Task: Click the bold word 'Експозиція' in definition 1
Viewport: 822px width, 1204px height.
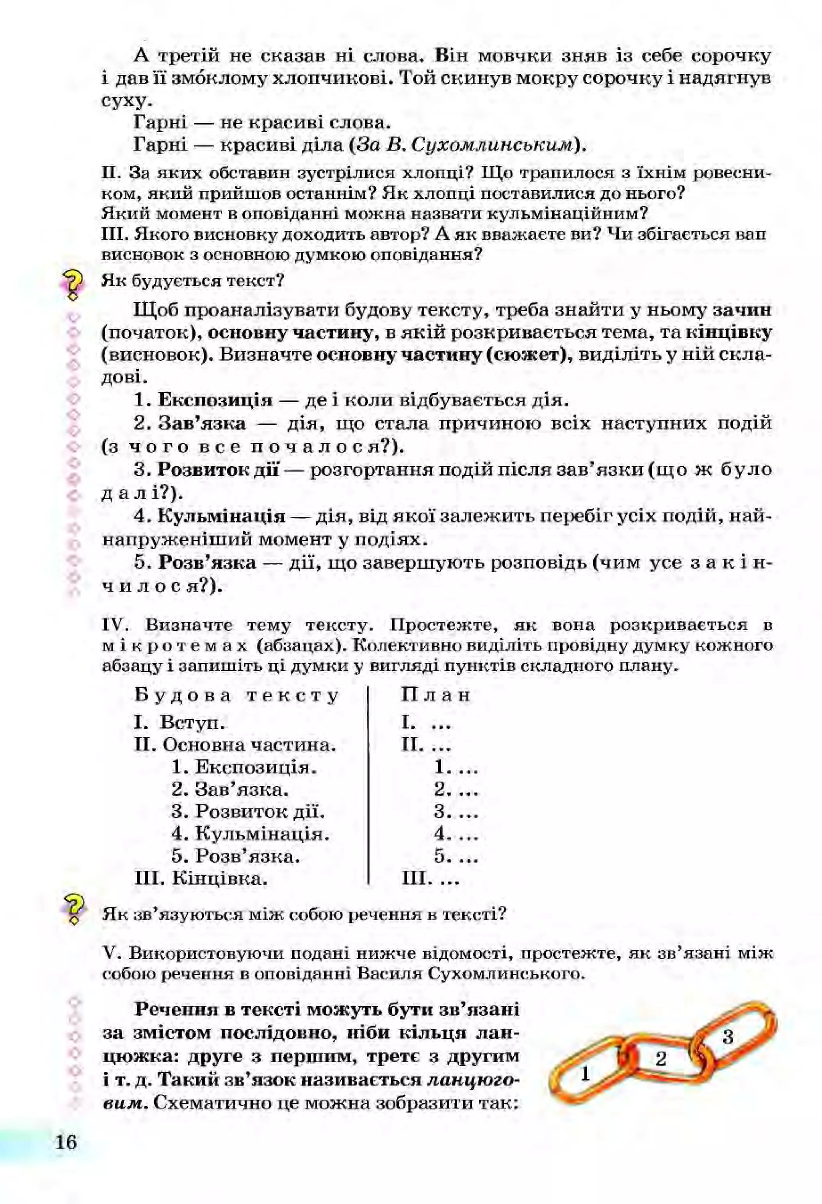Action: click(214, 400)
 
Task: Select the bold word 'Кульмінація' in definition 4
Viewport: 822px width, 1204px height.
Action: click(221, 516)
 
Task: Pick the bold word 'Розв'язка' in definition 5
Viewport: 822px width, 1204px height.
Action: click(207, 563)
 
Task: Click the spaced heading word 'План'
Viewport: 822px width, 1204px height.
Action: click(435, 695)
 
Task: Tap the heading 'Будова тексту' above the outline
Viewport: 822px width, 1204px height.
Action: click(236, 695)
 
